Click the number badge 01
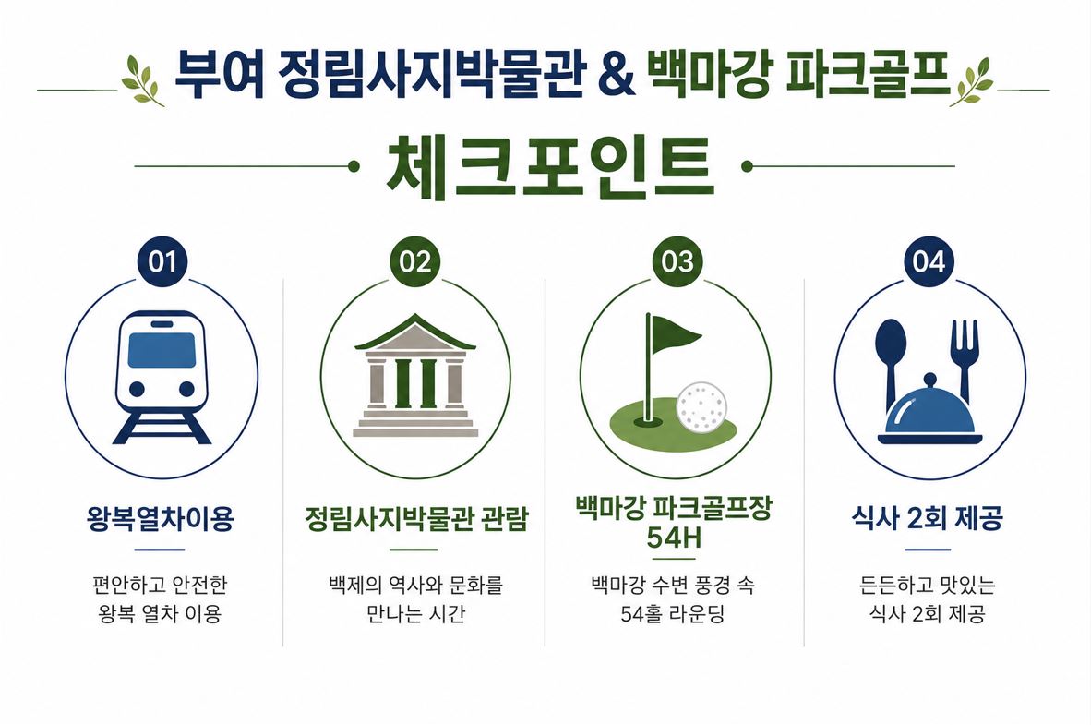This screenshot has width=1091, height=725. [162, 262]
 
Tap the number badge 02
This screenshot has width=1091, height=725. [415, 262]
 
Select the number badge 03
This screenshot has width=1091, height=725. [677, 262]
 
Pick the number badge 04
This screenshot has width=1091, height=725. [929, 262]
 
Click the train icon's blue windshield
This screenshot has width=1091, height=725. [162, 350]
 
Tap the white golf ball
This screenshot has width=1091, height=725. [701, 407]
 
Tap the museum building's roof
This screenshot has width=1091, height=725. [415, 332]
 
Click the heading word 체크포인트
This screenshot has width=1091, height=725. [550, 167]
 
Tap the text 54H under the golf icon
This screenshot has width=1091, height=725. [674, 538]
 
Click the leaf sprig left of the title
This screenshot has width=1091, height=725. [141, 80]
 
